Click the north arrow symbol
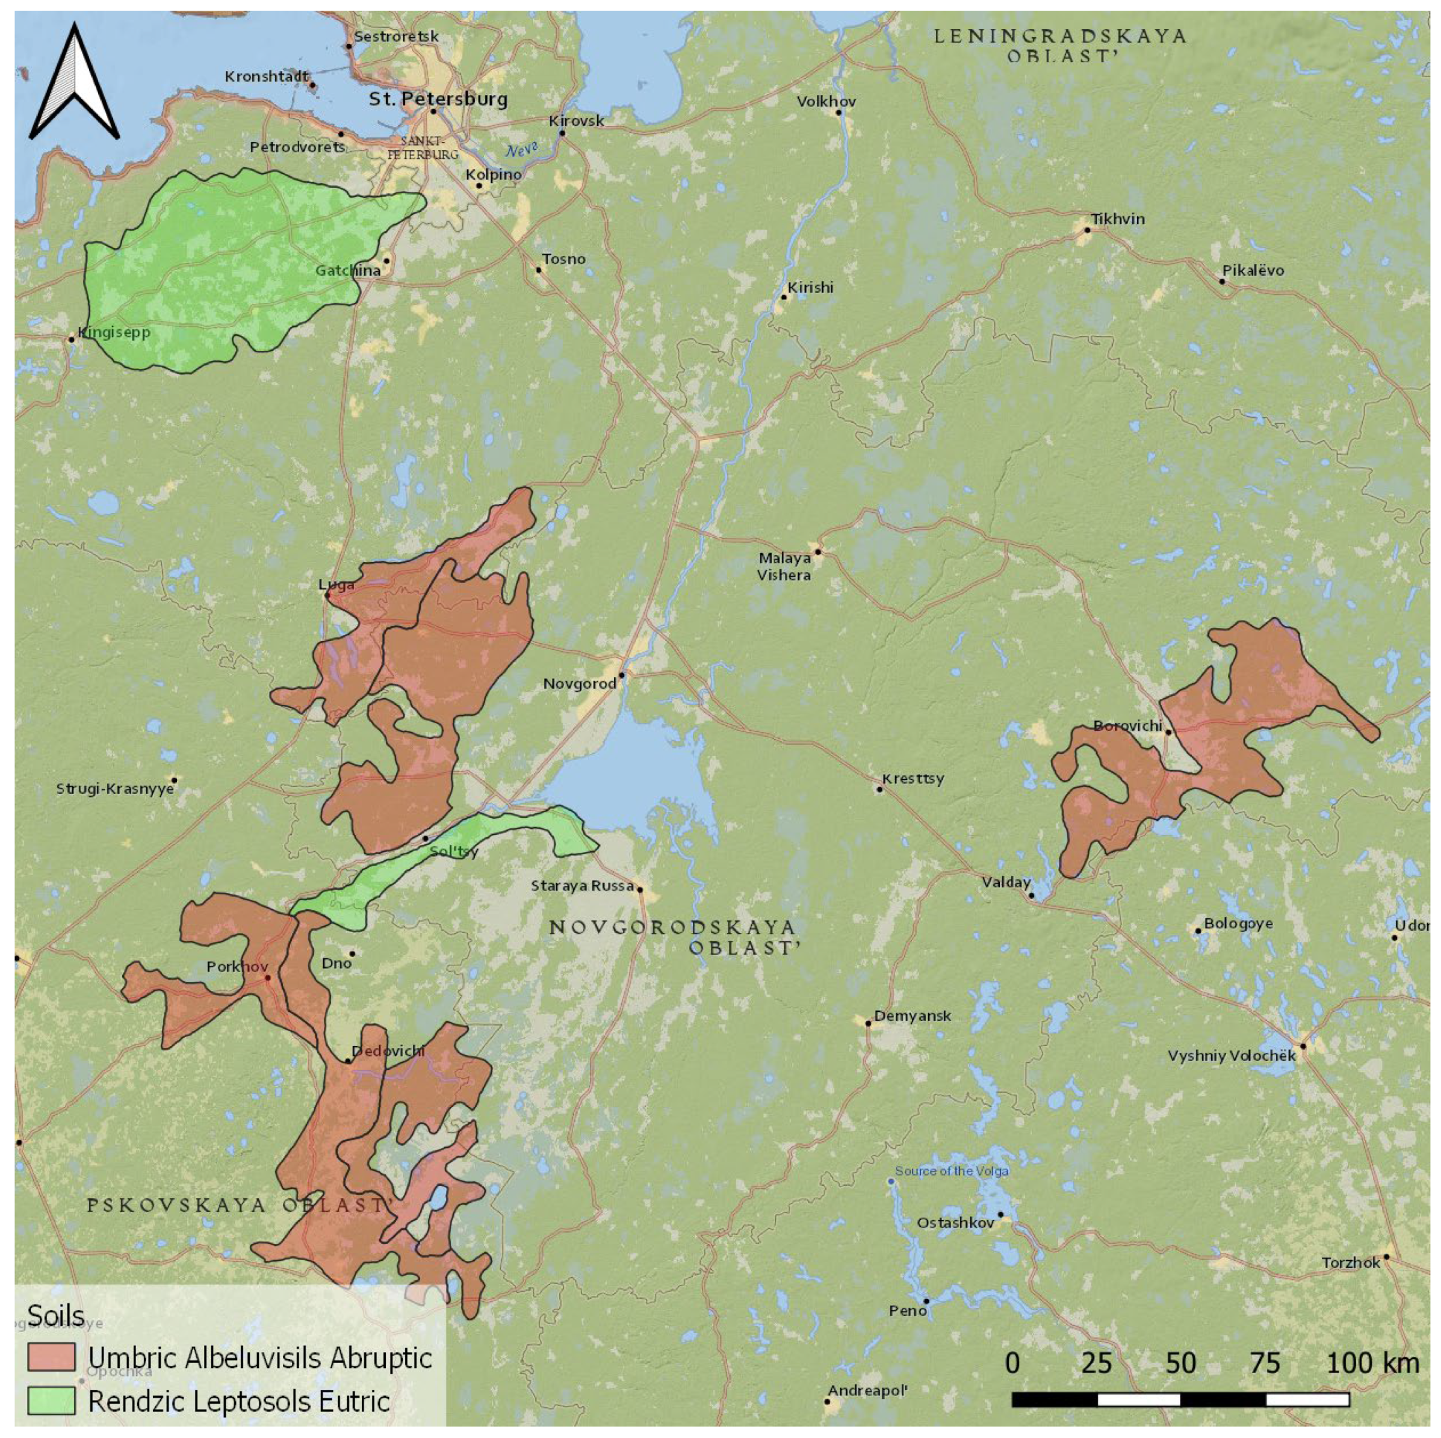coord(74,82)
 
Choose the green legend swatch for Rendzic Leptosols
coord(52,1400)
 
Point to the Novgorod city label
coord(580,683)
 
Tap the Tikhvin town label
coord(1117,219)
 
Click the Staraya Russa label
coord(582,886)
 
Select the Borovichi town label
coord(1127,726)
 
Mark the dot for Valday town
coord(1032,895)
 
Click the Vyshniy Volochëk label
coord(1231,1056)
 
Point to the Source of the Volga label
coord(952,1171)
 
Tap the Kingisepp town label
coord(113,333)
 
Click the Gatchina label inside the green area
coord(347,271)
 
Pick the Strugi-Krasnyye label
coord(115,789)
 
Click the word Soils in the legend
coord(56,1316)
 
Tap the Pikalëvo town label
coord(1253,271)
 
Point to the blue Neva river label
coord(521,150)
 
